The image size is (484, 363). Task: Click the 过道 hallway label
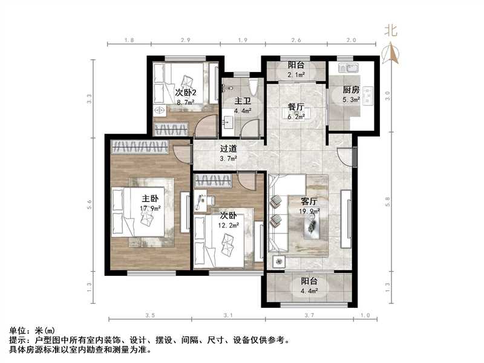point(227,148)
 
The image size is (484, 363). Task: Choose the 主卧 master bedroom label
point(150,198)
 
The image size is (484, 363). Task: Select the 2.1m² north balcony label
point(296,75)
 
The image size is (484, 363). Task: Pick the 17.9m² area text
point(149,209)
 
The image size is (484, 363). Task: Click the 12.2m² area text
point(228,225)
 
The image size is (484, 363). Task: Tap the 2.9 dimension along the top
point(185,40)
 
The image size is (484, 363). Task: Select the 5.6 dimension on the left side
point(90,206)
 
